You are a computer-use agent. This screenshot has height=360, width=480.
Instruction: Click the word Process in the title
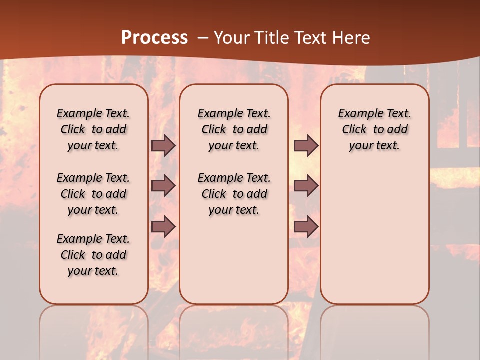(154, 37)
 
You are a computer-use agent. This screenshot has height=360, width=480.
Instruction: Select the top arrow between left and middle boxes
(163, 146)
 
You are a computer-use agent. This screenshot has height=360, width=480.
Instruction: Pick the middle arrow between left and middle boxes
(163, 186)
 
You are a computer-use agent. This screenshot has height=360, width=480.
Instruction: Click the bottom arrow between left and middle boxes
(163, 227)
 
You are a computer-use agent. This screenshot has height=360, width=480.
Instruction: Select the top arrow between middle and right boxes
(306, 146)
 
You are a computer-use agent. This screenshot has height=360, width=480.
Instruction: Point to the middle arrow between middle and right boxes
(306, 186)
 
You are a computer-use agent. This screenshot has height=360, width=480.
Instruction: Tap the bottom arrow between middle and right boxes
(306, 227)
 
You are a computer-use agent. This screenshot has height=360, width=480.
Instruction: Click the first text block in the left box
(93, 129)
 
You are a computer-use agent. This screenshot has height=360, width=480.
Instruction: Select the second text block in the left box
(93, 194)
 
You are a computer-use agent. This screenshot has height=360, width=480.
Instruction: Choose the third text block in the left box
(93, 255)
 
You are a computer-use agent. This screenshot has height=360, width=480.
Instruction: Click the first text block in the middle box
(234, 129)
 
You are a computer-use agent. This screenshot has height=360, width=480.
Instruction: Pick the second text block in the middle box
(234, 194)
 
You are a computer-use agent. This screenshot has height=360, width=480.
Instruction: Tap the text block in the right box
(375, 129)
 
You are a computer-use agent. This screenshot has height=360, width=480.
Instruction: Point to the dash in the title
(202, 38)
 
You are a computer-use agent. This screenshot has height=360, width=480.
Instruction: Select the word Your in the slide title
(231, 38)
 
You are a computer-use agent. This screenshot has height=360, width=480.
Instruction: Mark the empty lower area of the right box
(375, 235)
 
